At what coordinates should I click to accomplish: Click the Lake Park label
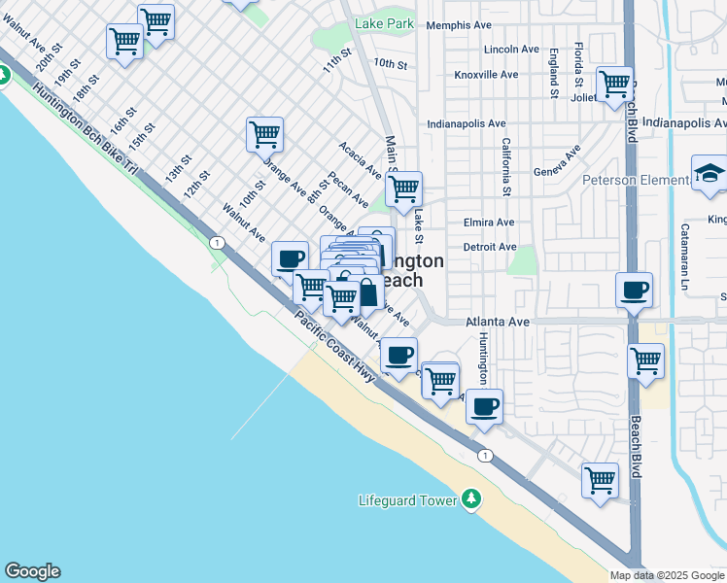[x=385, y=23]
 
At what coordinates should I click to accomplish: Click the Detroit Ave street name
[x=489, y=247]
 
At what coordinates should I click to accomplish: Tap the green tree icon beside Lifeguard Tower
[x=471, y=499]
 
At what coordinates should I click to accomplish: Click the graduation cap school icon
[x=710, y=174]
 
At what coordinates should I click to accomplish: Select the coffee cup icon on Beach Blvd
[x=634, y=290]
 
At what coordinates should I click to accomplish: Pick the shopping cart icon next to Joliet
[x=614, y=85]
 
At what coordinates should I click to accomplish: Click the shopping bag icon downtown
[x=368, y=291]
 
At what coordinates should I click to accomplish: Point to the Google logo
[x=32, y=571]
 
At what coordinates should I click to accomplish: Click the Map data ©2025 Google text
[x=667, y=575]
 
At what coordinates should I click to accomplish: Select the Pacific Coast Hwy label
[x=335, y=346]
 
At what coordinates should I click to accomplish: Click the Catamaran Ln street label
[x=684, y=248]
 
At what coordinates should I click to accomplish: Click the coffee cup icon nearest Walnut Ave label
[x=290, y=259]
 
